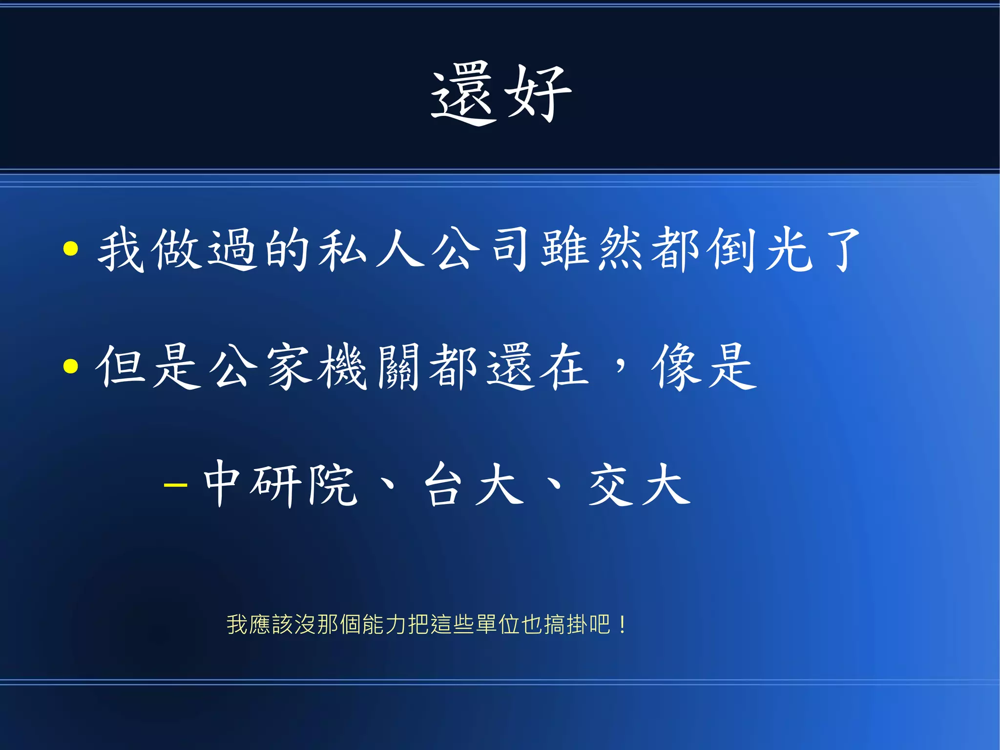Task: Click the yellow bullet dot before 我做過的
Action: click(71, 248)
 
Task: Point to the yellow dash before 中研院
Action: click(175, 485)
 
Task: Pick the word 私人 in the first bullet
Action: click(371, 249)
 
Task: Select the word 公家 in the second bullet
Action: click(261, 366)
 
